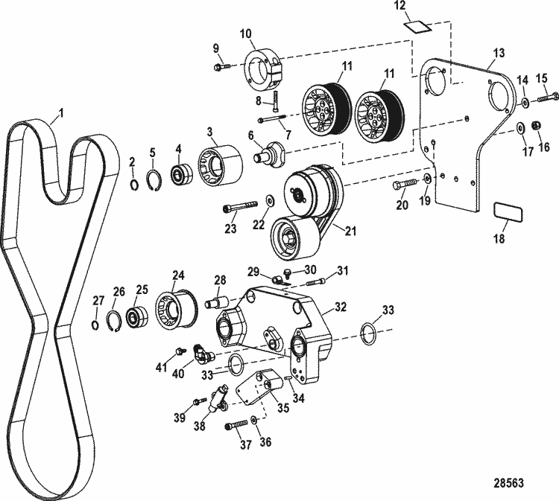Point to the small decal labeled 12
pyautogui.click(x=418, y=27)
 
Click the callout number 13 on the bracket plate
pyautogui.click(x=499, y=54)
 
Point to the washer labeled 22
pyautogui.click(x=269, y=200)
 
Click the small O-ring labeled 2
pyautogui.click(x=134, y=185)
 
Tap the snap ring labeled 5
pyautogui.click(x=154, y=182)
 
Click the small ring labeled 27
pyautogui.click(x=95, y=324)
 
